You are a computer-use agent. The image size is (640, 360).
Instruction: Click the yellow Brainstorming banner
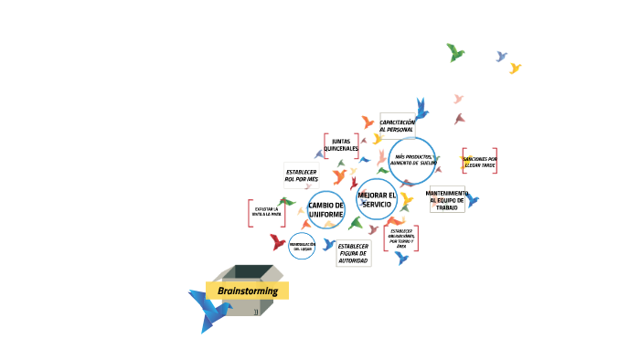pyautogui.click(x=247, y=291)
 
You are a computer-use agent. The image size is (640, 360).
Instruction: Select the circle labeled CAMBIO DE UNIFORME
pyautogui.click(x=326, y=210)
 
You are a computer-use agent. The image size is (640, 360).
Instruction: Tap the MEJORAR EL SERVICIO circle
pyautogui.click(x=377, y=199)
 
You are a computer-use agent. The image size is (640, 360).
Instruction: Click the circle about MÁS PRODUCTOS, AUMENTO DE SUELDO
pyautogui.click(x=412, y=160)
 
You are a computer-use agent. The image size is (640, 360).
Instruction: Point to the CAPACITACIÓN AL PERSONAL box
pyautogui.click(x=397, y=126)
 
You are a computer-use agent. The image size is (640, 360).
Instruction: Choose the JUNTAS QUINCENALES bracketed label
pyautogui.click(x=340, y=145)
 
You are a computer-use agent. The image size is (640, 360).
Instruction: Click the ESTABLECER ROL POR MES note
pyautogui.click(x=302, y=175)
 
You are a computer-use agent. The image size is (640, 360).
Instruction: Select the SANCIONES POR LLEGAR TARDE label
pyautogui.click(x=480, y=162)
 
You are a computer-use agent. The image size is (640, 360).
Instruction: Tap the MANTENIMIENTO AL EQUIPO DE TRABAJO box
pyautogui.click(x=447, y=199)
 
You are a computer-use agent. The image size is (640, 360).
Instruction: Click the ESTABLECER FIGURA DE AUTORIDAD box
pyautogui.click(x=353, y=253)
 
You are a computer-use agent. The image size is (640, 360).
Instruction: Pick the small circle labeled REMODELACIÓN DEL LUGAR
pyautogui.click(x=302, y=246)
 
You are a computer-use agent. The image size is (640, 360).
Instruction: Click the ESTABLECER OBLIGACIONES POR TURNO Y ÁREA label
pyautogui.click(x=401, y=238)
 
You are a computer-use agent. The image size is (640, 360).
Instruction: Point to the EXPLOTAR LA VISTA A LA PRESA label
pyautogui.click(x=266, y=213)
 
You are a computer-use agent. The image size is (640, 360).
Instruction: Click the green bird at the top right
pyautogui.click(x=455, y=52)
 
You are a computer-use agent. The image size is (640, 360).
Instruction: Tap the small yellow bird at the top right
pyautogui.click(x=515, y=69)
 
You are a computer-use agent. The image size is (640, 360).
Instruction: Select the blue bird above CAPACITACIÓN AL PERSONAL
pyautogui.click(x=421, y=109)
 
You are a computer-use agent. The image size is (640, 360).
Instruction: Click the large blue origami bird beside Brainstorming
pyautogui.click(x=208, y=310)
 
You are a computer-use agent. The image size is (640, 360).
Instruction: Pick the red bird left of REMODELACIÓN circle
pyautogui.click(x=278, y=242)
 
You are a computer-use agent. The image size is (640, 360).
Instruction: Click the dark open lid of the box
pyautogui.click(x=251, y=271)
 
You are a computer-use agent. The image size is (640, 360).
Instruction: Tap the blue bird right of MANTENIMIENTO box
pyautogui.click(x=473, y=201)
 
